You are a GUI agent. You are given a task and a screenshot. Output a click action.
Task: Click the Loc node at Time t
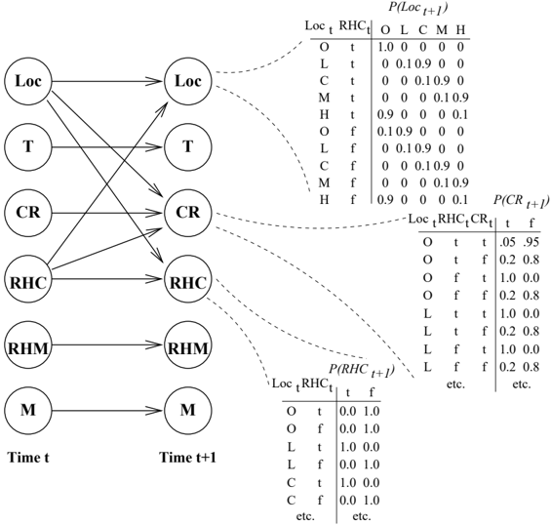(x=28, y=81)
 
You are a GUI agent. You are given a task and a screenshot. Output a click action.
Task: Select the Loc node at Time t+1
(x=188, y=81)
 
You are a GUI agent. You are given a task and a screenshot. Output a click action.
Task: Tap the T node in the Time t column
(x=28, y=146)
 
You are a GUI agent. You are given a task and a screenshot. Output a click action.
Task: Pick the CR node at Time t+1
(x=188, y=213)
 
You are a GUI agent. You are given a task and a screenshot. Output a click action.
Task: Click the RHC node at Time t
(x=28, y=279)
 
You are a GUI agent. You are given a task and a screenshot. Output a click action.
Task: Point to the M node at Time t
(x=28, y=410)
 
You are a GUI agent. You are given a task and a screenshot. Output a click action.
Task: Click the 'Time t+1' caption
(x=188, y=458)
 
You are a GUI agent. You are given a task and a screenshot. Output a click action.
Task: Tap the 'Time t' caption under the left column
(x=28, y=458)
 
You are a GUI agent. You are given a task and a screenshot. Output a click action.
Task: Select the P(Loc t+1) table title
(x=417, y=9)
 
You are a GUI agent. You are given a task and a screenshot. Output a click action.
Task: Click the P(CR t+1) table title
(x=521, y=201)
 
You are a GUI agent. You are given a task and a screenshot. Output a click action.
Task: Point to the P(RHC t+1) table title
(x=362, y=371)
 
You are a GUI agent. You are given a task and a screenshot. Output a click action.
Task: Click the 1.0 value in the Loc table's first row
(x=385, y=47)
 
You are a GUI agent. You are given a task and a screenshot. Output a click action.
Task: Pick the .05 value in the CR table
(x=507, y=242)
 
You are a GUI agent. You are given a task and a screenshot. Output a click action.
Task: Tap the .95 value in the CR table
(x=531, y=242)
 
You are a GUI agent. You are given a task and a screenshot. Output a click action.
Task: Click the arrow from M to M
(x=108, y=410)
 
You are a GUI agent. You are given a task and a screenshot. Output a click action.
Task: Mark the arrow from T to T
(x=108, y=146)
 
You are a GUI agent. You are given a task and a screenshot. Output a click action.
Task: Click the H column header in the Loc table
(x=460, y=30)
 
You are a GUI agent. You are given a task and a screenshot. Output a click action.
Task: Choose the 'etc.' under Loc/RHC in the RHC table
(x=305, y=516)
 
